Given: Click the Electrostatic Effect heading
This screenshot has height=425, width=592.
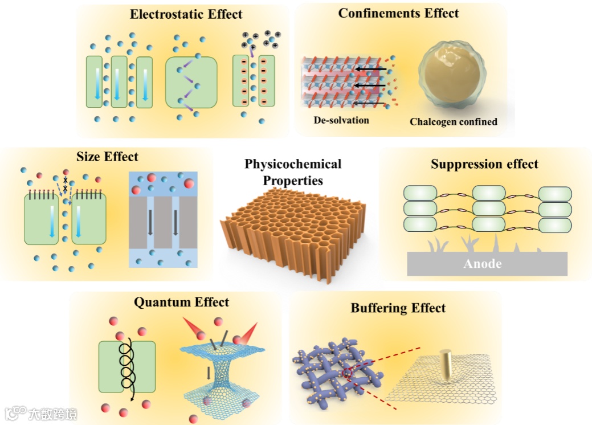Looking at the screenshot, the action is (x=186, y=14).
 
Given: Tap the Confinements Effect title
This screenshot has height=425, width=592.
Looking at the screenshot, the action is (x=398, y=13).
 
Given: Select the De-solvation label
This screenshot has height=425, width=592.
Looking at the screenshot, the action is (x=341, y=120).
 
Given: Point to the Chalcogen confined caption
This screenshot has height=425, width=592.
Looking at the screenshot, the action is (x=454, y=121).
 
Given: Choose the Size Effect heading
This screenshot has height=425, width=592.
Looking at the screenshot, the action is (x=107, y=156).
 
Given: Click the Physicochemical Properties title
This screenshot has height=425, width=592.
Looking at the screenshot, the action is (x=293, y=172).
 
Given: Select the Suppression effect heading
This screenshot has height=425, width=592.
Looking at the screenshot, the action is (x=484, y=165).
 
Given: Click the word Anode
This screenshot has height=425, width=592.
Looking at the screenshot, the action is (x=483, y=263).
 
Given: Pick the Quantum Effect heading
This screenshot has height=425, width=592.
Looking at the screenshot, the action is (x=181, y=302).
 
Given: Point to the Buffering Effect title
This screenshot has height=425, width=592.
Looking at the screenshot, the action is (x=398, y=308).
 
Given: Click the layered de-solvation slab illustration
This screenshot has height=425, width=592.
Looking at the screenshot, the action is (x=342, y=83).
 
